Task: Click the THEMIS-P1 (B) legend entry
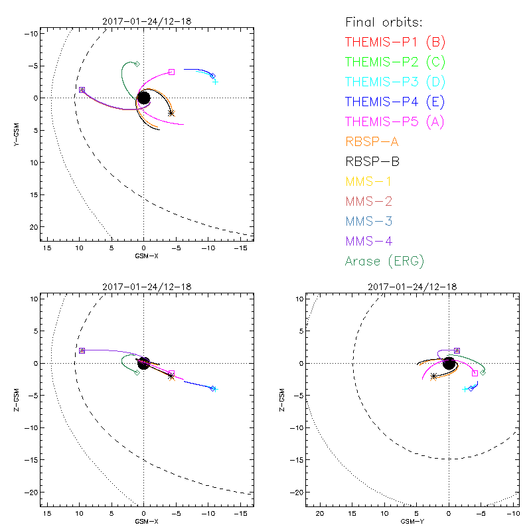(395, 42)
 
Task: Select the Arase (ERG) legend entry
(384, 261)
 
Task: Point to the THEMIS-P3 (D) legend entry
(395, 82)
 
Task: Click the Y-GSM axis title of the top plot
(19, 131)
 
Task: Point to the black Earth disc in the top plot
(143, 98)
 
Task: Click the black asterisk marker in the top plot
(171, 114)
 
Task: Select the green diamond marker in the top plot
(137, 64)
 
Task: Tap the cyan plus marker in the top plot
(215, 81)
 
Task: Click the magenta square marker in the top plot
(172, 72)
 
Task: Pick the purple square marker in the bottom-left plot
(82, 350)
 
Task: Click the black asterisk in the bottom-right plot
(433, 376)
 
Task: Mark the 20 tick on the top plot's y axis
(31, 227)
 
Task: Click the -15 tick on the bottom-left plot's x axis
(242, 514)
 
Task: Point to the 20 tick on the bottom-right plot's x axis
(320, 514)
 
